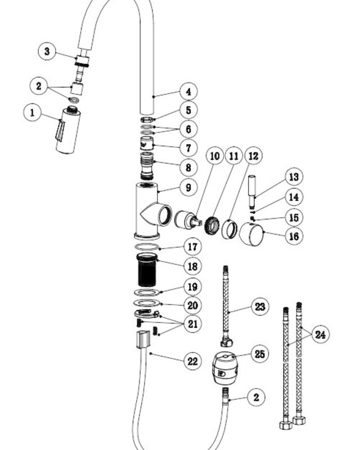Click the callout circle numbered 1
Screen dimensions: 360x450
point(32,112)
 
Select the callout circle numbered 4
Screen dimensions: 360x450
point(188,92)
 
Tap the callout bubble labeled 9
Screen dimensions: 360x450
point(188,187)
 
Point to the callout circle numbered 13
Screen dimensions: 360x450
point(294,177)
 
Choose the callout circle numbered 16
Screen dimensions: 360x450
point(294,236)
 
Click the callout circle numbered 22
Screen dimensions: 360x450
point(192,361)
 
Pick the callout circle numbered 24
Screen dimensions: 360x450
point(321,334)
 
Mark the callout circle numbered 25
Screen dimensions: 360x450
point(260,354)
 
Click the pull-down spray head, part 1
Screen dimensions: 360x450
point(68,130)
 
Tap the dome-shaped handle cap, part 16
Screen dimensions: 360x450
point(251,235)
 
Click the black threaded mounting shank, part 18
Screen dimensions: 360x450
point(147,270)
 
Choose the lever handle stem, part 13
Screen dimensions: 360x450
point(252,190)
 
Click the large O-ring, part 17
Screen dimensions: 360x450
point(147,246)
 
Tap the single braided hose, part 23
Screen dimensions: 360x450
point(227,306)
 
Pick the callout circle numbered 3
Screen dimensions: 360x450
point(47,51)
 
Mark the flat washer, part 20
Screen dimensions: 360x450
point(147,303)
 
